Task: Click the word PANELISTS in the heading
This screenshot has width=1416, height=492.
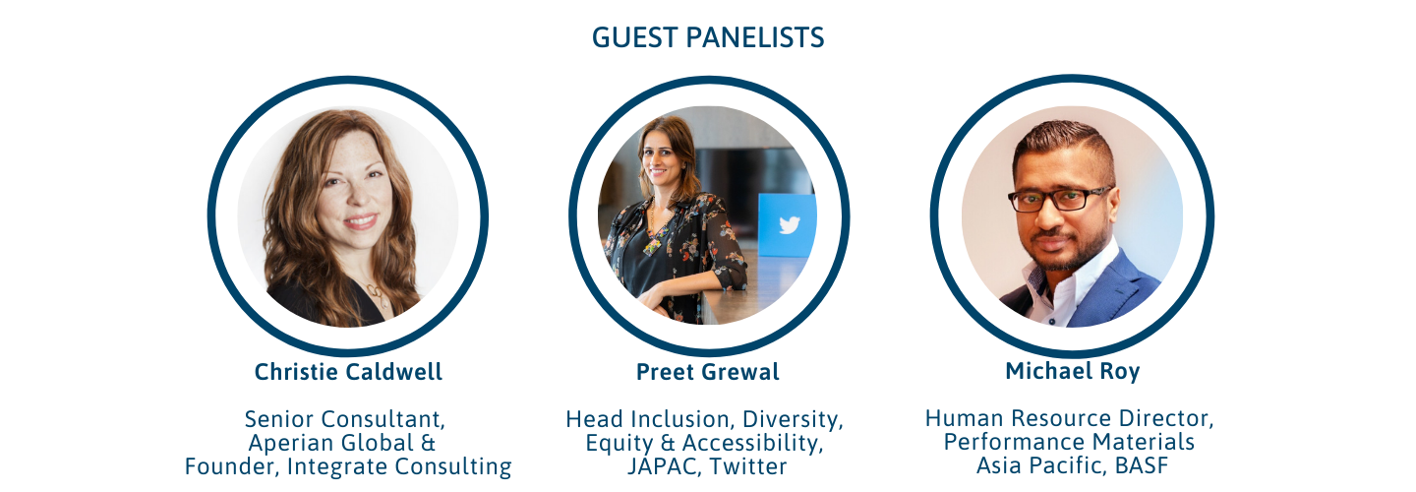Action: (x=755, y=38)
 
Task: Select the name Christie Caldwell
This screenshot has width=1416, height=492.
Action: (x=348, y=372)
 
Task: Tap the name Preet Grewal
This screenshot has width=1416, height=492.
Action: (x=707, y=372)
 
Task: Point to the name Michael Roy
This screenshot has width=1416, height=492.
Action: (x=1073, y=371)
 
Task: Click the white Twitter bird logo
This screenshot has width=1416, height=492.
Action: (x=790, y=224)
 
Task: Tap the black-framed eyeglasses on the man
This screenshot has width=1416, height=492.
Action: (x=1059, y=199)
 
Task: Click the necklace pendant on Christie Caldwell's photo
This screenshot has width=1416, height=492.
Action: (x=376, y=293)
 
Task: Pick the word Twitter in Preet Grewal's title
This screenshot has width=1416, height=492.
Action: (x=747, y=466)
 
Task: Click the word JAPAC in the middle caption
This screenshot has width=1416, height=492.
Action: (x=665, y=467)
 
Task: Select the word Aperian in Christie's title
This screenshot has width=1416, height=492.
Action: (x=291, y=444)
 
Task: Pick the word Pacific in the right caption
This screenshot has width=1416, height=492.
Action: (x=1068, y=466)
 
